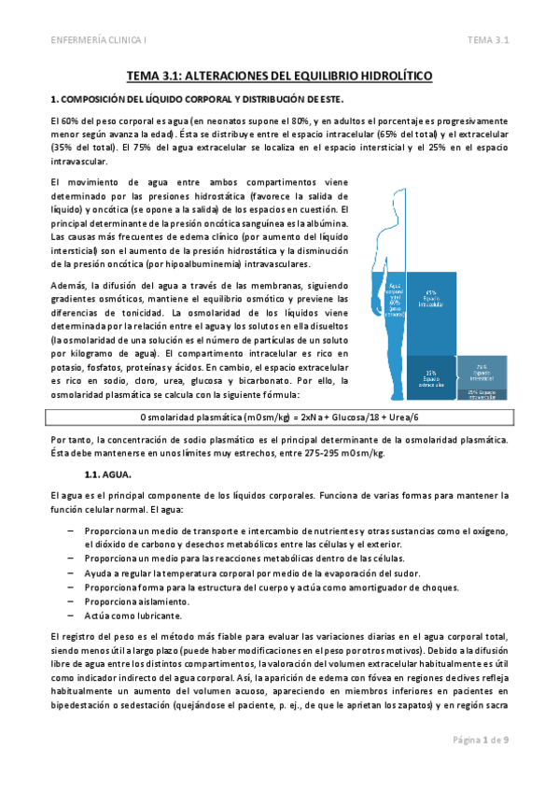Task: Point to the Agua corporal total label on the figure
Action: [x=396, y=300]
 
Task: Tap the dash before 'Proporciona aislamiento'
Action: [x=72, y=601]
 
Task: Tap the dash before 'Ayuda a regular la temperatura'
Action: [x=72, y=573]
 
